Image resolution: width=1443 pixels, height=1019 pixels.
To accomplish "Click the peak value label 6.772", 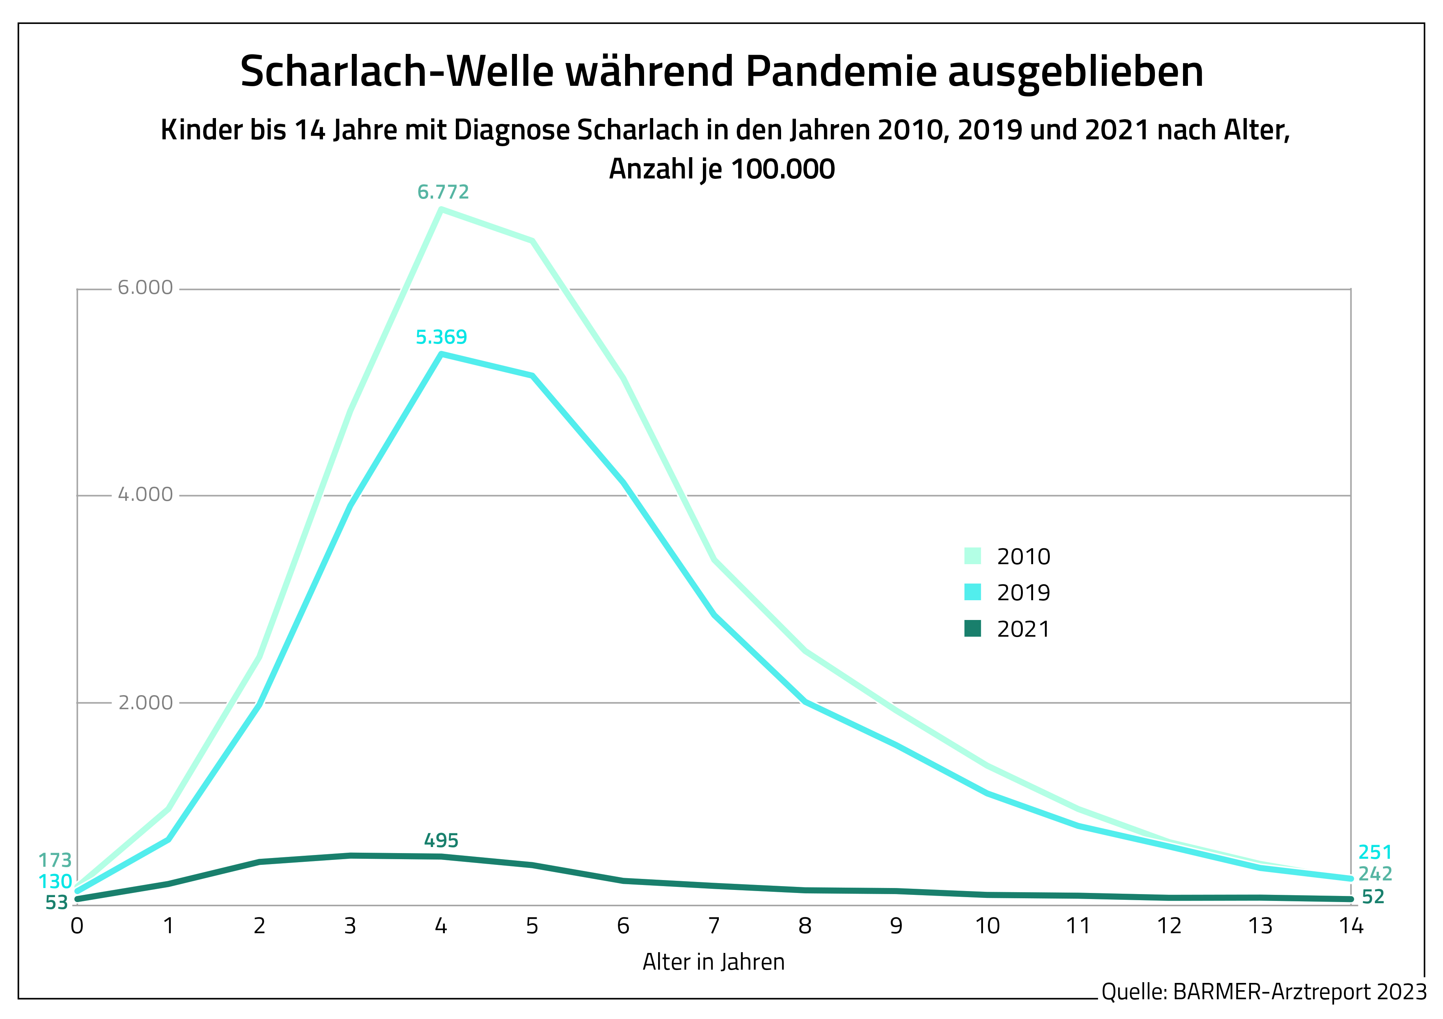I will (443, 192).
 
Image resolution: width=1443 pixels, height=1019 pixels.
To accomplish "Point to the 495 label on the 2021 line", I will (441, 841).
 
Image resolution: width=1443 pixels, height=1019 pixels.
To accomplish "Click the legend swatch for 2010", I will (972, 556).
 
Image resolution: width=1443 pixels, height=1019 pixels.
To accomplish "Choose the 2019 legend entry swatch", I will (972, 592).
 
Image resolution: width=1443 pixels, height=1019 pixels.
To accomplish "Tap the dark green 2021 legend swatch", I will (972, 629).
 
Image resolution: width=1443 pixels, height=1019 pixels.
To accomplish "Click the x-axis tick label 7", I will (714, 926).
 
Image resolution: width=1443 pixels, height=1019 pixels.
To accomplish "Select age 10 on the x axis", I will (987, 926).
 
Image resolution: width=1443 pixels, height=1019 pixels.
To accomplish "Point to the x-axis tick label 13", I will (1260, 926).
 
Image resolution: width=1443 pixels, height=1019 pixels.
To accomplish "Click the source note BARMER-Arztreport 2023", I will (1300, 992).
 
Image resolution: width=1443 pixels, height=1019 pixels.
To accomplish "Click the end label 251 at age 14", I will (1375, 852).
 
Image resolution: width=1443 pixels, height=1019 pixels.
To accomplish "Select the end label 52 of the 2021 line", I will (1373, 897).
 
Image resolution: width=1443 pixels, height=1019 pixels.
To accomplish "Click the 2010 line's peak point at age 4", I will (442, 209).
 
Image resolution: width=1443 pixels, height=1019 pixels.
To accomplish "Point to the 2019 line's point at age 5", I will (532, 376).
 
